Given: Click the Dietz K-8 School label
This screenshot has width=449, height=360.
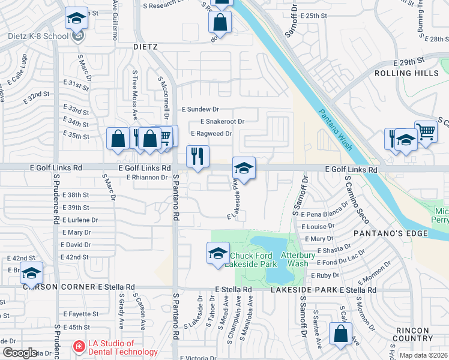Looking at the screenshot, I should [x=38, y=36].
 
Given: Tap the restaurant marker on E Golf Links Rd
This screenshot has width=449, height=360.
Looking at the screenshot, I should [x=197, y=157].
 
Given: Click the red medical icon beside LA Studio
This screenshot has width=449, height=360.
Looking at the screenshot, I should [x=78, y=347].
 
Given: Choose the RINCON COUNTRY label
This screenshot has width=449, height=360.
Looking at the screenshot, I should [x=420, y=335].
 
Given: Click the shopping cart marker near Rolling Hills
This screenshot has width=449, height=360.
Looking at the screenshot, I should [x=426, y=131].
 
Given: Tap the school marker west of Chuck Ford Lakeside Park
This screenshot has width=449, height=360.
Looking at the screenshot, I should [x=218, y=253].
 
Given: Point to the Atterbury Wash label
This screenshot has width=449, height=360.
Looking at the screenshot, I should [x=298, y=259].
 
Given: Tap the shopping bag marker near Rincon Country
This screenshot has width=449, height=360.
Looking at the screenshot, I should [x=340, y=334].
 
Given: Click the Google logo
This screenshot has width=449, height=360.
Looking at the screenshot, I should [x=20, y=353].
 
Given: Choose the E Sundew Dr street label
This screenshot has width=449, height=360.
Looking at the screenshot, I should [x=200, y=110].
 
